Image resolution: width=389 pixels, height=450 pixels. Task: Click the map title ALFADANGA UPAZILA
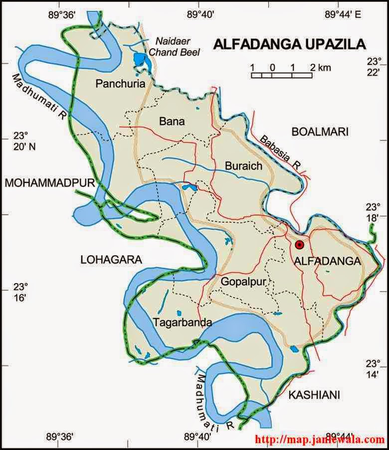290,44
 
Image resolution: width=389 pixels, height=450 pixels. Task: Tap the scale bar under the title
282,75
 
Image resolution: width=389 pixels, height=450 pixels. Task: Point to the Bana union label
172,121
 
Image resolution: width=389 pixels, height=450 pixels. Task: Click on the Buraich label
243,165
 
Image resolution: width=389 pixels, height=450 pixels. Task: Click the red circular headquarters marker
299,245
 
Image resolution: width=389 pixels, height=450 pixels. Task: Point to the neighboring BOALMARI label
320,132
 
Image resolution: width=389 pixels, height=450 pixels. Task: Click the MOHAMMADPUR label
49,183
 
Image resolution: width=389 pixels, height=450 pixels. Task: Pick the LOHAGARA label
111,259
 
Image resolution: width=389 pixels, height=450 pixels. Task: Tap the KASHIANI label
314,395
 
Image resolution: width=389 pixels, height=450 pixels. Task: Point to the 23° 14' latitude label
373,369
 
